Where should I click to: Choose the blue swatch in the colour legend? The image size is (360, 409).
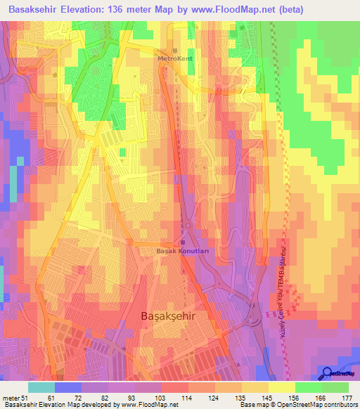click(68, 387)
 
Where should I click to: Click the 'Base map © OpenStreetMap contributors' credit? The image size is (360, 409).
click(297, 405)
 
